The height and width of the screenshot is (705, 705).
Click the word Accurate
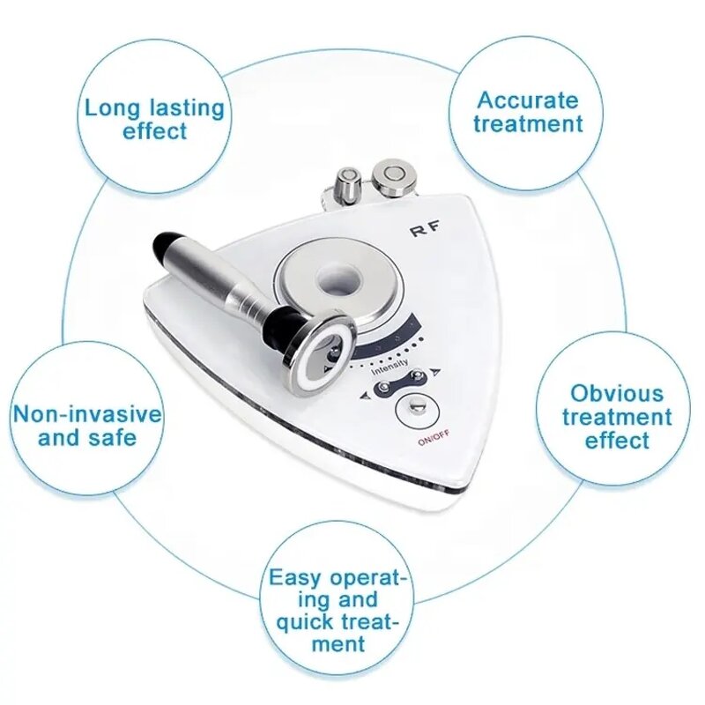point(528,100)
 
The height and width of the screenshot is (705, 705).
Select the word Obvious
point(616,393)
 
